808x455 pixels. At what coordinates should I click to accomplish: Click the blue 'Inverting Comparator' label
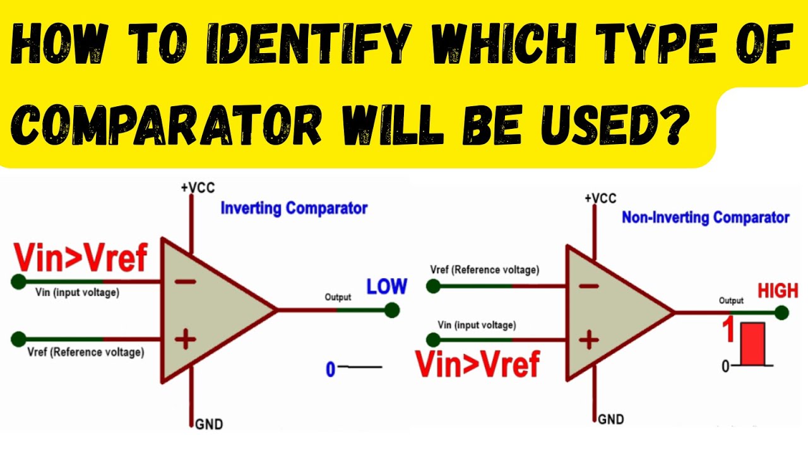tap(294, 208)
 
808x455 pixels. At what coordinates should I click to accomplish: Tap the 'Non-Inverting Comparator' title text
tap(705, 218)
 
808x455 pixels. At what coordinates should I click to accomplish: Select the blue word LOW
tap(386, 286)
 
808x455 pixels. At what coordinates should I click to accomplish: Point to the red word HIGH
tap(778, 291)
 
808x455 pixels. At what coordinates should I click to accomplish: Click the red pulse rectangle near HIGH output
tap(752, 344)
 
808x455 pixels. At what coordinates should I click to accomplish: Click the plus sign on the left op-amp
tap(185, 340)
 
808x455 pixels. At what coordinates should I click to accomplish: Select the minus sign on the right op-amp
tap(588, 286)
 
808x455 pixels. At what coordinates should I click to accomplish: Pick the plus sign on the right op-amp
tap(588, 341)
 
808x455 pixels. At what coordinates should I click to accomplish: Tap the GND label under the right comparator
tap(610, 419)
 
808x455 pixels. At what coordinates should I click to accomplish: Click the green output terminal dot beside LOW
tap(392, 310)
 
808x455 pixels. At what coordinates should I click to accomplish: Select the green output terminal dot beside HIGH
tap(782, 312)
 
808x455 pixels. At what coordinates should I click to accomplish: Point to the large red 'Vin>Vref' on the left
tap(81, 258)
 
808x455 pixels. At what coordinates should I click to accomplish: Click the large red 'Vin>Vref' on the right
tap(477, 365)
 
